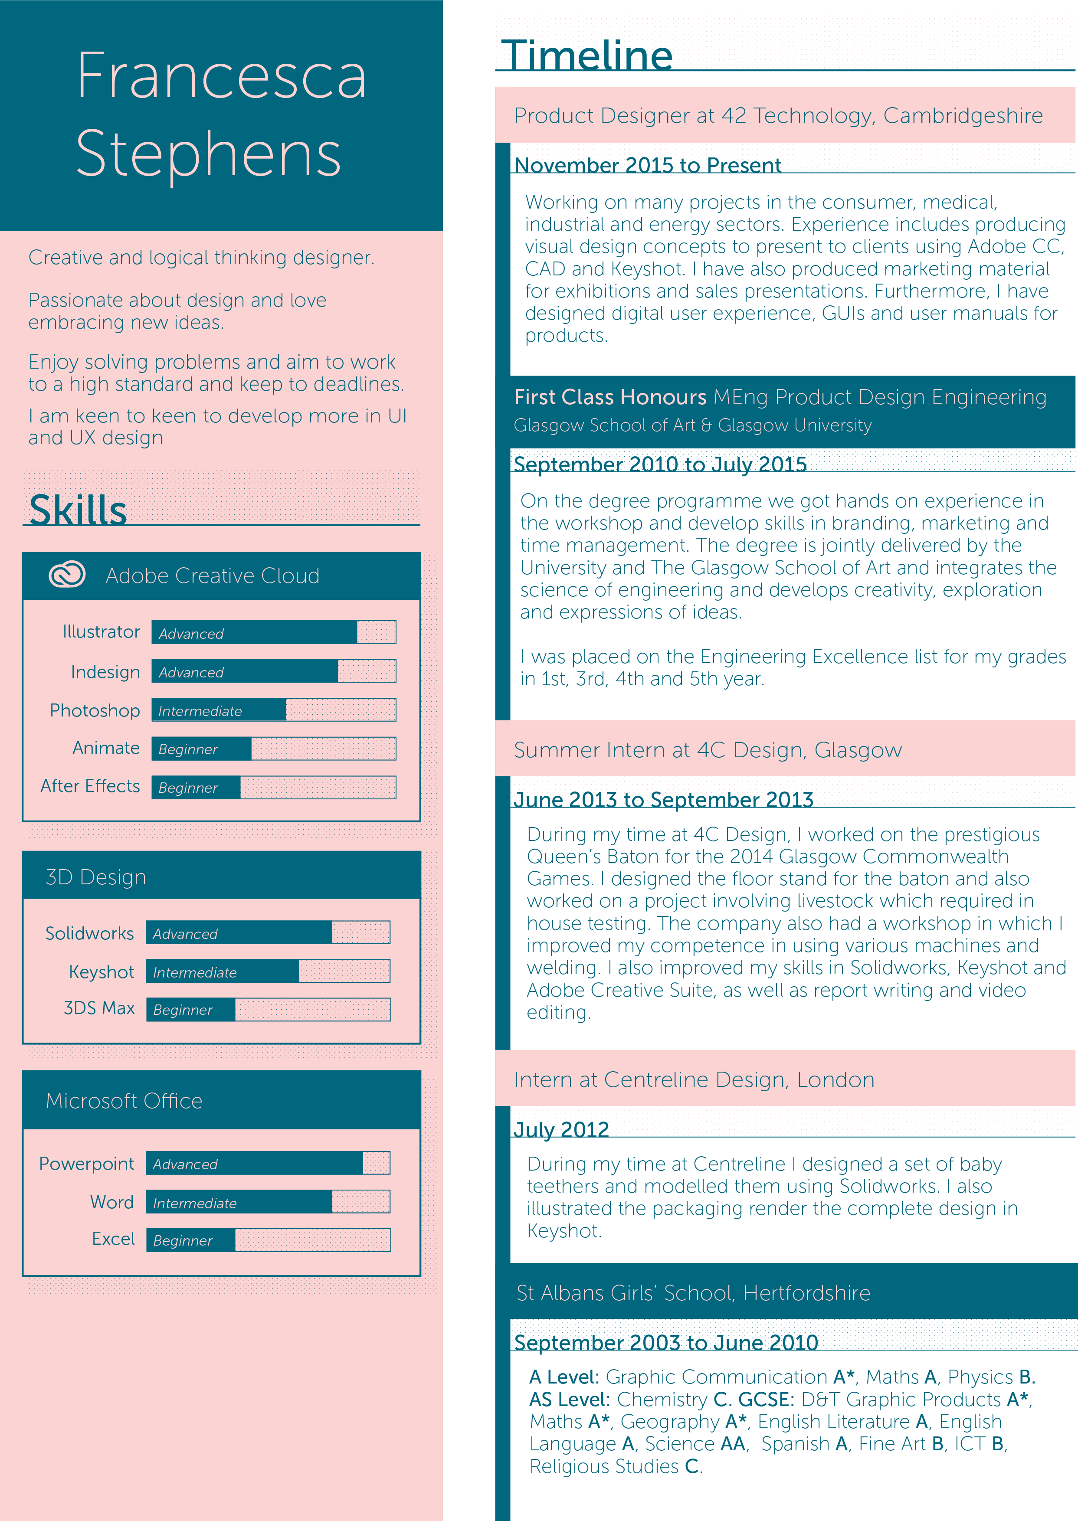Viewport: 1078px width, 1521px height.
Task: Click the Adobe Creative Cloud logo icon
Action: (x=67, y=575)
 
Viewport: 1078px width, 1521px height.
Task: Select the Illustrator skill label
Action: (x=101, y=632)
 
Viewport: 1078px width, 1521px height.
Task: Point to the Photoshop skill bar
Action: (x=273, y=710)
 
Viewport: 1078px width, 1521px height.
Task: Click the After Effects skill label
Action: (x=90, y=786)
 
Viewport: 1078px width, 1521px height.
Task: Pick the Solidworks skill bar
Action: (x=268, y=933)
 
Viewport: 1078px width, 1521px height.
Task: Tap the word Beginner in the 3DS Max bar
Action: (x=183, y=1010)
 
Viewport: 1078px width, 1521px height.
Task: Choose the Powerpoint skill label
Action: (x=86, y=1164)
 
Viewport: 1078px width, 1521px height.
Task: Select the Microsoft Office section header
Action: (x=124, y=1101)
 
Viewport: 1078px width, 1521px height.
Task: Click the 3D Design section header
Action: (x=95, y=877)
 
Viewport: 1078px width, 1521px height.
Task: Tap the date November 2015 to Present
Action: (x=647, y=165)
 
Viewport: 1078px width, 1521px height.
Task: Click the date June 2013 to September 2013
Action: (x=663, y=800)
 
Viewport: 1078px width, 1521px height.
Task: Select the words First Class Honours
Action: (x=609, y=397)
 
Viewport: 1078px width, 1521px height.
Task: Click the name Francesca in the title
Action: (x=221, y=77)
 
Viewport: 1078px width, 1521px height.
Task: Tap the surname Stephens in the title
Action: (x=208, y=154)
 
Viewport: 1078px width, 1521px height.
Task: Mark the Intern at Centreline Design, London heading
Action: (x=694, y=1079)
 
